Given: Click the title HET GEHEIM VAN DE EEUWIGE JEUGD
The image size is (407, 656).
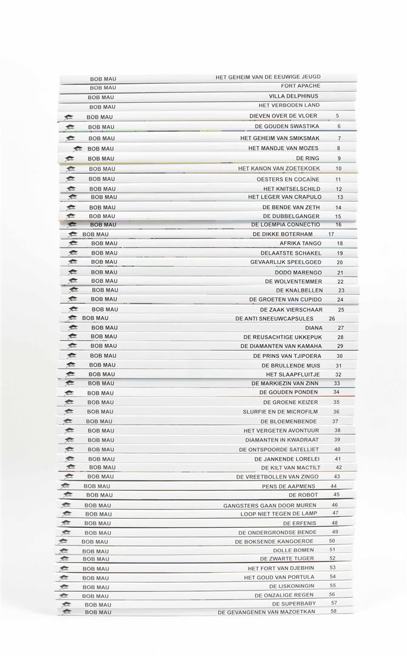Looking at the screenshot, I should (x=267, y=77).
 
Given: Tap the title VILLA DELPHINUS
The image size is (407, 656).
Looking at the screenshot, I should (x=294, y=96).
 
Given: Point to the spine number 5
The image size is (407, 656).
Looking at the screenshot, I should (x=337, y=115).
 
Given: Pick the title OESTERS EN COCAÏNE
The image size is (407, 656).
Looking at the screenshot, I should (x=291, y=179).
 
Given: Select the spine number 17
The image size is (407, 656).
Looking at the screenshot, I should (x=331, y=234).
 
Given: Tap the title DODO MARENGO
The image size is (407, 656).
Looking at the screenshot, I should (x=297, y=272).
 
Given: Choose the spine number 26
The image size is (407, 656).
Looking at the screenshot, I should (x=332, y=318).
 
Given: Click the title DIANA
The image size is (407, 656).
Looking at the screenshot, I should (x=314, y=327).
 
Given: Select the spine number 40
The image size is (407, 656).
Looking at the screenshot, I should (x=337, y=449).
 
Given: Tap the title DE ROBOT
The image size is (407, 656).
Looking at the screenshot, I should (x=303, y=495).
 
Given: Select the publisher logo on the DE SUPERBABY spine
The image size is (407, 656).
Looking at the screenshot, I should (x=66, y=604).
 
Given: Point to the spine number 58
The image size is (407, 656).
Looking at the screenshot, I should (x=334, y=611).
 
